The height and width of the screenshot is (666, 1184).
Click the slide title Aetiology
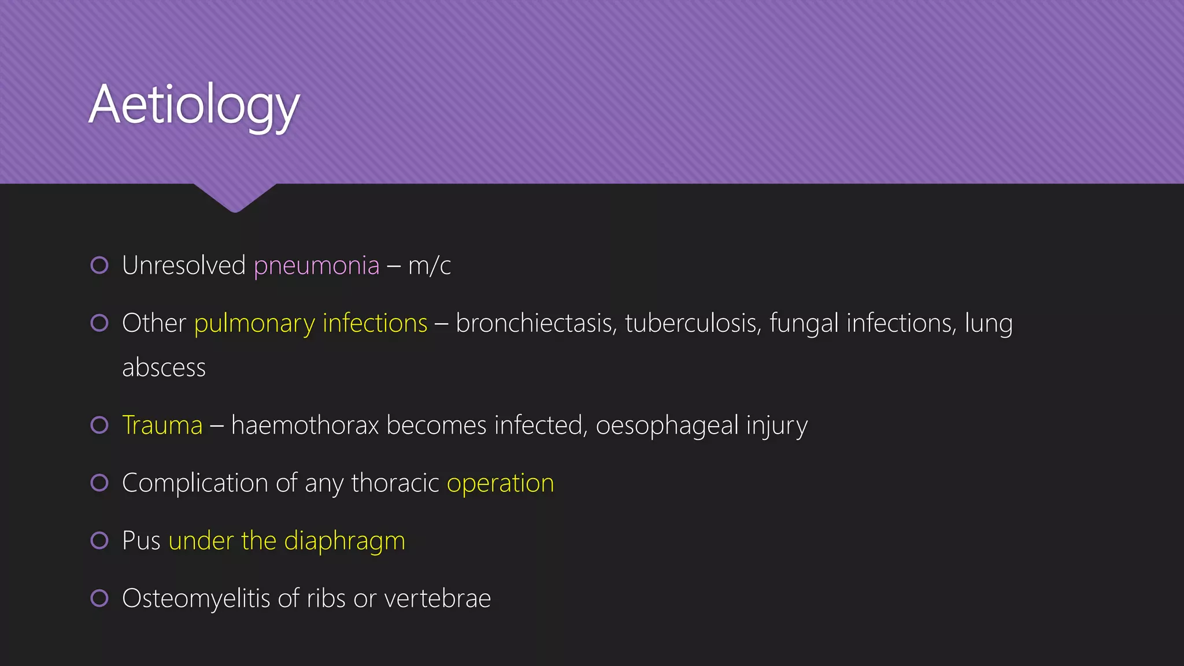tap(194, 105)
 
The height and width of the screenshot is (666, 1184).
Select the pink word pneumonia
tap(316, 266)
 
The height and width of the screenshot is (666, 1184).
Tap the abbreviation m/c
tap(429, 266)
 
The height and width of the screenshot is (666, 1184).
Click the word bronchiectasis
tap(534, 323)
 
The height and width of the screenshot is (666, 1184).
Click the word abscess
tap(164, 368)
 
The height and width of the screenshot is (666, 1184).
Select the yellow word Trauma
tap(162, 425)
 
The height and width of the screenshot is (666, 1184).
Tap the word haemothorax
tap(305, 425)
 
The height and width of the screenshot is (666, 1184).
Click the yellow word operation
tap(500, 483)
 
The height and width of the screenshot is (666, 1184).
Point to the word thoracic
tap(395, 483)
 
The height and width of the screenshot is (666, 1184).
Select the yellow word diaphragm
tap(345, 541)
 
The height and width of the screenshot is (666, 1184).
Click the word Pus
tap(141, 541)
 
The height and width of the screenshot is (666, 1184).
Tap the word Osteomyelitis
tap(196, 598)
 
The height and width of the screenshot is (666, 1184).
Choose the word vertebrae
tap(438, 598)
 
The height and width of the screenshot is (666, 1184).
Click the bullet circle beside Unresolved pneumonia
tap(99, 265)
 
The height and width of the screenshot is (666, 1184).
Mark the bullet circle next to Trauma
tap(99, 425)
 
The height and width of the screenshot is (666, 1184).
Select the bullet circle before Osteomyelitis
tap(99, 598)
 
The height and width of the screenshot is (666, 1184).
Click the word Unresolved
tap(184, 266)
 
